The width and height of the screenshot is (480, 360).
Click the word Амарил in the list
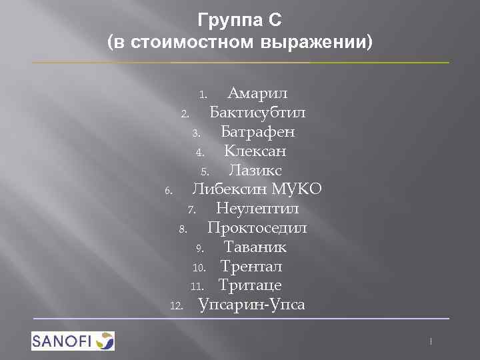(x=257, y=92)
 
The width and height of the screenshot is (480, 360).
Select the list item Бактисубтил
(x=258, y=111)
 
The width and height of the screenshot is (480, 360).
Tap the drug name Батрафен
(x=258, y=131)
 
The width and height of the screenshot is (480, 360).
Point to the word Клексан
(x=255, y=150)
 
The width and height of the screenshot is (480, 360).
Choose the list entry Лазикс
(x=255, y=169)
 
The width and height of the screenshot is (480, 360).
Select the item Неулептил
(x=257, y=209)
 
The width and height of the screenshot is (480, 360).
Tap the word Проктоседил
(x=257, y=228)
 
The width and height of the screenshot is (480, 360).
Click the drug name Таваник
(x=255, y=247)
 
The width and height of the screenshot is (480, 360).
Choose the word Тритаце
(x=250, y=286)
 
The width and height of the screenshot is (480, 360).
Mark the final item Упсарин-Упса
(x=252, y=305)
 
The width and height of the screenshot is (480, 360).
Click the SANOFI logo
(x=73, y=341)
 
